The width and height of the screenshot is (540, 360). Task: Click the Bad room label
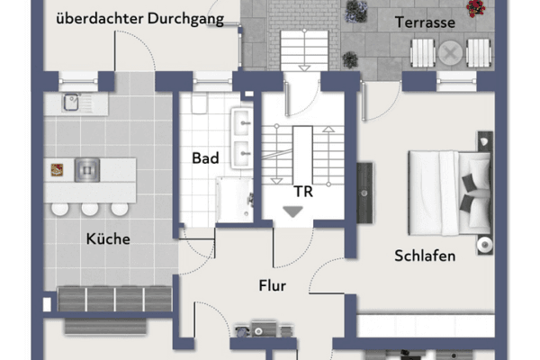tap(205, 158)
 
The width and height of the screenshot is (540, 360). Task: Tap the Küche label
tap(108, 238)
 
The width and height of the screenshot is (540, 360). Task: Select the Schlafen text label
tap(425, 256)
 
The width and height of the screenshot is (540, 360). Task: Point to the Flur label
tap(273, 285)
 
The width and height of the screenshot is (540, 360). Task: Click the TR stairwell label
tap(303, 192)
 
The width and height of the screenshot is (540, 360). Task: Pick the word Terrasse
tap(425, 22)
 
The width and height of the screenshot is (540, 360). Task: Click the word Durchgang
tap(186, 19)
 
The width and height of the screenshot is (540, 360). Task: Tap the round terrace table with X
tap(450, 53)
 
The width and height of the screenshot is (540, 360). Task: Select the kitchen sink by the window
tap(70, 103)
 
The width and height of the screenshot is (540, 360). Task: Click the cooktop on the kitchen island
tap(87, 170)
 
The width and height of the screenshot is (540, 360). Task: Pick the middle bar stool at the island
tap(90, 209)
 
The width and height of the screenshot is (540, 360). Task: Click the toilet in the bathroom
tap(199, 103)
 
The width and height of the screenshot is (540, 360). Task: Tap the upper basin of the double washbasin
tap(242, 122)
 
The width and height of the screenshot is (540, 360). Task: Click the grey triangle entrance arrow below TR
tap(293, 211)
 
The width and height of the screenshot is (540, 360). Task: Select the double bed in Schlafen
tap(449, 193)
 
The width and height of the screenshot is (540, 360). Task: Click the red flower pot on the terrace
tap(476, 8)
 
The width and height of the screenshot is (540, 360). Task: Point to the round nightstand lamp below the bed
tap(485, 245)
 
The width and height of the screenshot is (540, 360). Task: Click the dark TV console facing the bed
tap(364, 193)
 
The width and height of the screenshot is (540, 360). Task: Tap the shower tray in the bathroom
tap(235, 199)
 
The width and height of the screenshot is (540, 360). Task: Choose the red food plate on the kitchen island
tap(58, 170)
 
